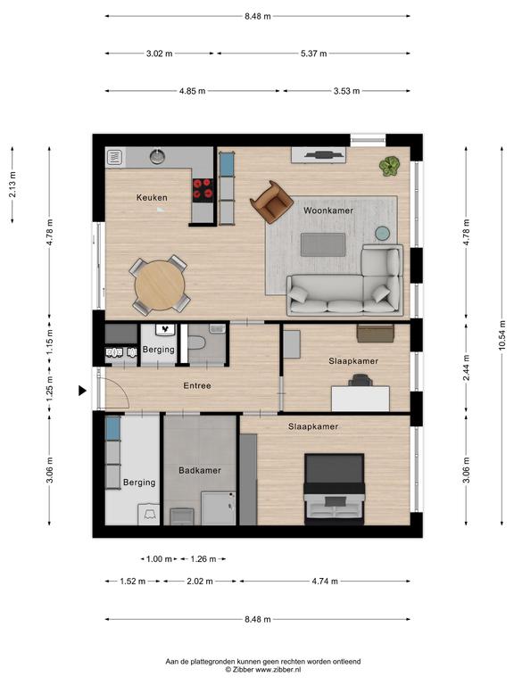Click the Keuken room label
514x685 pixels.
tap(152, 197)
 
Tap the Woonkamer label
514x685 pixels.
tap(328, 210)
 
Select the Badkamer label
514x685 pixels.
tap(200, 471)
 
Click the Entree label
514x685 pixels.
tap(197, 385)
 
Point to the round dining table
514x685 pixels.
tap(160, 285)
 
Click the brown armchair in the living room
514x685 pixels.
tap(271, 202)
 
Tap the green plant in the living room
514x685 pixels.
tap(389, 166)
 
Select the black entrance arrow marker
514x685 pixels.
tap(82, 391)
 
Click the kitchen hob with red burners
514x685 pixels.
tap(203, 190)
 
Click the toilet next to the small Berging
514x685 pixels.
tap(196, 342)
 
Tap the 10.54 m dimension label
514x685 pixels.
tap(502, 335)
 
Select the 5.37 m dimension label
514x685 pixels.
tap(314, 54)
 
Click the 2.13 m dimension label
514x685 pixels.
tap(12, 185)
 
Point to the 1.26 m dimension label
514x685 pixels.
tap(203, 559)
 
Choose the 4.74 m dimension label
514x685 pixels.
tap(325, 582)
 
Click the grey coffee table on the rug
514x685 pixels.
tap(323, 244)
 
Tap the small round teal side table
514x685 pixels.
tap(384, 234)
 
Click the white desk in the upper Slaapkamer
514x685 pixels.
tap(361, 399)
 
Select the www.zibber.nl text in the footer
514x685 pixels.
tap(278, 669)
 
